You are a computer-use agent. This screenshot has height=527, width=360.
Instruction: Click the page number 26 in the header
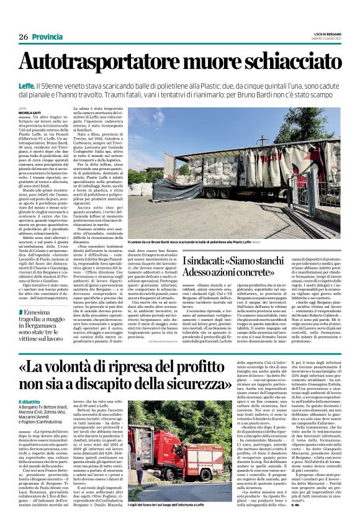(23, 37)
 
